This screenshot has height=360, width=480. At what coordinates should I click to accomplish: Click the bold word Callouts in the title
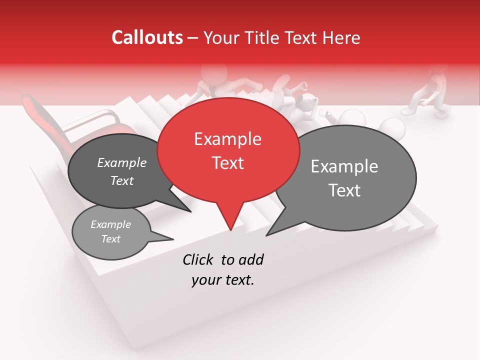pyautogui.click(x=147, y=37)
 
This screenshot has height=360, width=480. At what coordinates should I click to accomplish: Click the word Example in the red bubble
pyautogui.click(x=227, y=139)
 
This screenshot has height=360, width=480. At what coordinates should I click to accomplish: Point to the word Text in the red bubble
pyautogui.click(x=228, y=163)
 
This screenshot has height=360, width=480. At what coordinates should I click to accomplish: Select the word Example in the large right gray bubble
pyautogui.click(x=344, y=166)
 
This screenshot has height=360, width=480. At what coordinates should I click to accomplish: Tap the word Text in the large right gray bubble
pyautogui.click(x=344, y=190)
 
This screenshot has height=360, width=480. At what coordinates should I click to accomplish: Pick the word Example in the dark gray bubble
pyautogui.click(x=122, y=163)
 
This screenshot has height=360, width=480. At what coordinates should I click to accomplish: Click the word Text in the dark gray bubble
pyautogui.click(x=122, y=180)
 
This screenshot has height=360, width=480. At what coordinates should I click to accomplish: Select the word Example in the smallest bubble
pyautogui.click(x=110, y=225)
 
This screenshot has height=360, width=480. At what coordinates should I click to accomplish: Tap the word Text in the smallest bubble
pyautogui.click(x=110, y=239)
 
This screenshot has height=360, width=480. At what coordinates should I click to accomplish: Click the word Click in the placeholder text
pyautogui.click(x=198, y=259)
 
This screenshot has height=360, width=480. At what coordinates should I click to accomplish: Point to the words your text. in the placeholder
pyautogui.click(x=223, y=280)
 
